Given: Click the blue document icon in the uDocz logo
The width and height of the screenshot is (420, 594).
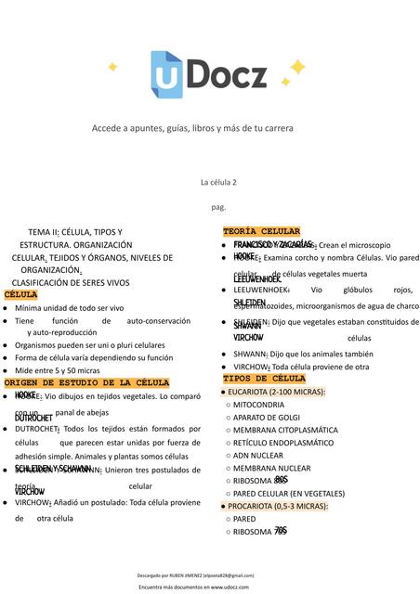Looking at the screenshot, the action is (167, 72).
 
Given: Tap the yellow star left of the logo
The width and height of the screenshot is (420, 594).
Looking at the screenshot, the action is (112, 67).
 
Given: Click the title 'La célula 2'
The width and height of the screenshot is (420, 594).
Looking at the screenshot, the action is (218, 184).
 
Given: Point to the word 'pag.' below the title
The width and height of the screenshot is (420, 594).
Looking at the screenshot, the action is (218, 207).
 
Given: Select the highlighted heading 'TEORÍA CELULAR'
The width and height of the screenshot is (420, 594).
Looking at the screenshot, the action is (261, 231).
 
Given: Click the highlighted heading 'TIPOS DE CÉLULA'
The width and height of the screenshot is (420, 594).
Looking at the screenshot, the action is (264, 379).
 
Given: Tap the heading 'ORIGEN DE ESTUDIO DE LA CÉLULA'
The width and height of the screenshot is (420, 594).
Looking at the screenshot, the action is (86, 382).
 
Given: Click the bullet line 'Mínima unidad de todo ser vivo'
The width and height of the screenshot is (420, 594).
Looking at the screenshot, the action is (69, 307).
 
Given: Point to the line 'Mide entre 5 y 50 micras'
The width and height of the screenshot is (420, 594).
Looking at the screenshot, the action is (59, 369).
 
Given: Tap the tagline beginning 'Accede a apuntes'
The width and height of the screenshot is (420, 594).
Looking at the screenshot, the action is (191, 128).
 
